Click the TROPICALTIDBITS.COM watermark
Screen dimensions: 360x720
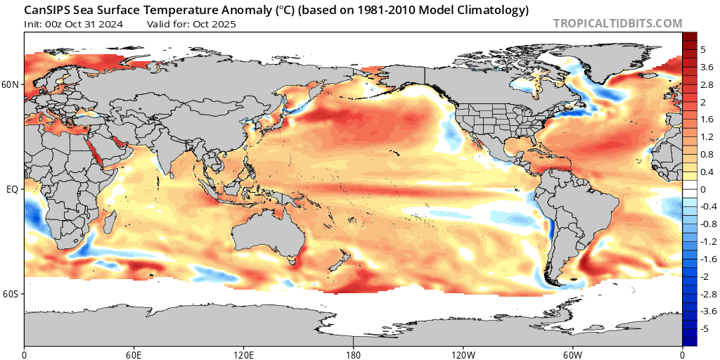click(x=617, y=23)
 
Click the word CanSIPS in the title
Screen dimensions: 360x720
click(x=47, y=11)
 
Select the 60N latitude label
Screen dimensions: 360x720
click(x=12, y=84)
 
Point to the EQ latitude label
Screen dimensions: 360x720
click(x=12, y=189)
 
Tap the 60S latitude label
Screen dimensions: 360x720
click(x=12, y=294)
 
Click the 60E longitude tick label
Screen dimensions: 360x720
click(x=134, y=353)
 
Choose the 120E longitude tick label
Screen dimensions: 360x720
click(x=244, y=353)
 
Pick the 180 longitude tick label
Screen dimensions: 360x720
click(x=354, y=353)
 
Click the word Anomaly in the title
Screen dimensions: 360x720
click(x=205, y=11)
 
